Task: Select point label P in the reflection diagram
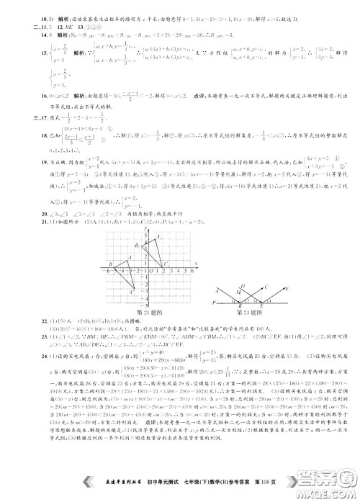(214, 303)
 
